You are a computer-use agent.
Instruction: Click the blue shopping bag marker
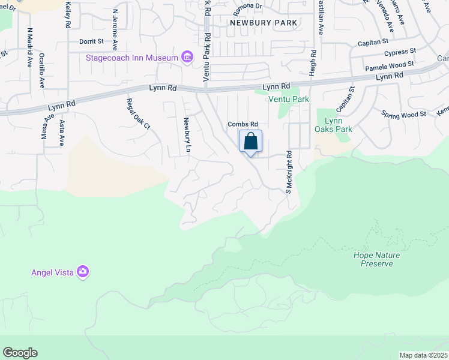tap(251, 142)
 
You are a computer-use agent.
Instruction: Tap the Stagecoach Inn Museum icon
tap(188, 58)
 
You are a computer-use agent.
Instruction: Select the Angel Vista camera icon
tap(83, 272)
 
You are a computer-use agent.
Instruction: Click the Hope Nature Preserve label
tap(377, 259)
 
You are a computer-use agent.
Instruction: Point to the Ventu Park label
tap(288, 99)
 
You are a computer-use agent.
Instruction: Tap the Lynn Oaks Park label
tap(334, 125)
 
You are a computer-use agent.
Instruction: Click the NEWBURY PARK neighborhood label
tap(264, 22)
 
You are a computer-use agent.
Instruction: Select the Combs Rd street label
tap(242, 124)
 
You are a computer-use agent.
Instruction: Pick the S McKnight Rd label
tap(288, 172)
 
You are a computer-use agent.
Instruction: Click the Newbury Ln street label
tap(187, 134)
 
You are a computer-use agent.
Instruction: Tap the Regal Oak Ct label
tap(137, 113)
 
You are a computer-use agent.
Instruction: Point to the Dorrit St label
tap(91, 42)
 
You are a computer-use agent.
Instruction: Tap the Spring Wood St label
tap(403, 113)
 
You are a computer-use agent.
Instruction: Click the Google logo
tap(20, 353)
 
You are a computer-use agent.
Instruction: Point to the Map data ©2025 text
tap(423, 355)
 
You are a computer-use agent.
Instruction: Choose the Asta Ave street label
tap(62, 133)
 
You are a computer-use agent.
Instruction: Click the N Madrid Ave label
tap(28, 47)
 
